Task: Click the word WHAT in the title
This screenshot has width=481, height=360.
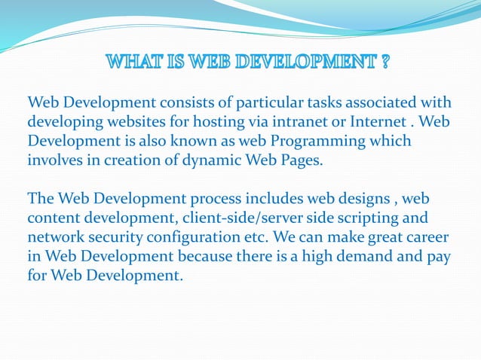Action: pyautogui.click(x=133, y=62)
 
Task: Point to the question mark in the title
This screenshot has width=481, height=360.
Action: pyautogui.click(x=385, y=62)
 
